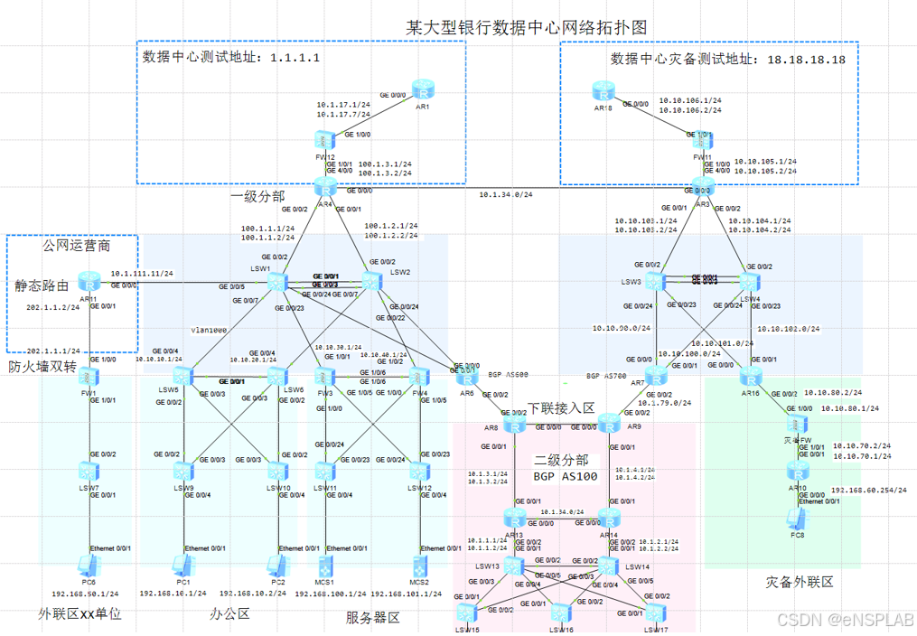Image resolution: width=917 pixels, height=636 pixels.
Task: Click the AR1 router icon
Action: point(423,90)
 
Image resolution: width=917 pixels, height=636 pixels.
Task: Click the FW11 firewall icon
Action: point(702,138)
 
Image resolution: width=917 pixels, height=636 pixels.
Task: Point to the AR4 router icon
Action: point(324,187)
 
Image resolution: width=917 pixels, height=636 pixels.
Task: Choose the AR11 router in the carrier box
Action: point(88,283)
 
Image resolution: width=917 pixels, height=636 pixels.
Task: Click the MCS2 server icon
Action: point(419,566)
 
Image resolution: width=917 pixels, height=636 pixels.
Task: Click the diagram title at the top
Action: point(527,27)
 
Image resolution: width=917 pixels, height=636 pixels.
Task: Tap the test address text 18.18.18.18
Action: point(806,60)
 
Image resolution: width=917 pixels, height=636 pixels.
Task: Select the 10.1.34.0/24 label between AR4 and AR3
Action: point(506,194)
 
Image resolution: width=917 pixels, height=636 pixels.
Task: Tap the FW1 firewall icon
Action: point(88,375)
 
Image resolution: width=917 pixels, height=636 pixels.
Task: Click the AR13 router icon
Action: point(514,519)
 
